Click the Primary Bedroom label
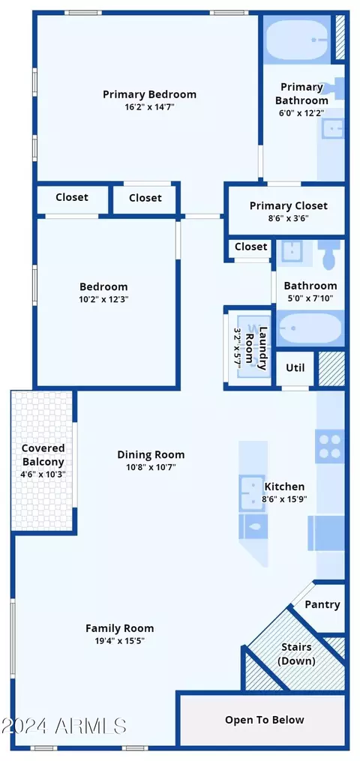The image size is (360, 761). (x=149, y=94)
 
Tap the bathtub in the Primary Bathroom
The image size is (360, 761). (x=297, y=39)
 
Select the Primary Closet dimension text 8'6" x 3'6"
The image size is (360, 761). (x=288, y=218)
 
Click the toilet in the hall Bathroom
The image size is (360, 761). (x=330, y=255)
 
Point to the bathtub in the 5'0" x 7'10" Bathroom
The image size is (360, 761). (x=310, y=328)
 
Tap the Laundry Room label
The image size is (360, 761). (x=256, y=349)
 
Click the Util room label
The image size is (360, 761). (x=295, y=367)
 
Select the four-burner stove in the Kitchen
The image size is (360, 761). (x=329, y=446)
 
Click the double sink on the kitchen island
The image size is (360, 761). (x=252, y=493)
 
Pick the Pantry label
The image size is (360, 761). (x=322, y=605)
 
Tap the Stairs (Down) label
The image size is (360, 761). (x=296, y=654)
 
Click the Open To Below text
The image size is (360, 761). (x=265, y=719)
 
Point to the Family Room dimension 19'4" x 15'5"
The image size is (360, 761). (x=120, y=640)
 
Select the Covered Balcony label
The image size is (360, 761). (x=43, y=455)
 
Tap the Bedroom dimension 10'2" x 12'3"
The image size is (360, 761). (x=103, y=299)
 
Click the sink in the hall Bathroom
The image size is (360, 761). (x=292, y=250)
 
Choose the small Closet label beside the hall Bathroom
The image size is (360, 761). (x=250, y=247)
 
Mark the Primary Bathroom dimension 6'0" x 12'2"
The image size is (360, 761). (x=301, y=112)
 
